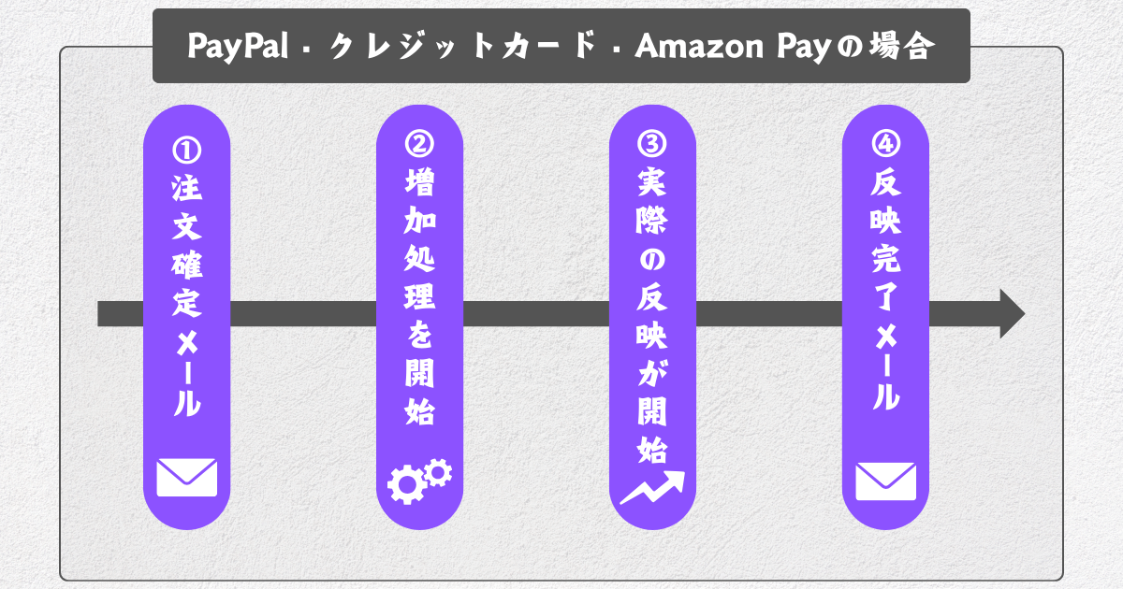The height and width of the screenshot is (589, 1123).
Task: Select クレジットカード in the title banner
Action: [462, 46]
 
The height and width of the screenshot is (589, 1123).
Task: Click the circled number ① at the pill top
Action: [186, 150]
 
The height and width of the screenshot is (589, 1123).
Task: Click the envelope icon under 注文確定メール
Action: [186, 477]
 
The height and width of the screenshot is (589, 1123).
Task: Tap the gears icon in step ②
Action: [419, 480]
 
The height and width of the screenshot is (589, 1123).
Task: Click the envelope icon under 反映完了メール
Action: [885, 481]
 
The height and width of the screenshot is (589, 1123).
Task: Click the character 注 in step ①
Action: [186, 190]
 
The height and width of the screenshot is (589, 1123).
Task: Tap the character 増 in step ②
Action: [419, 185]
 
